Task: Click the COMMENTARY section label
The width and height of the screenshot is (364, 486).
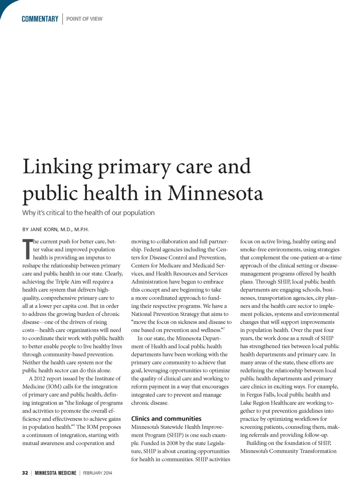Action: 40,19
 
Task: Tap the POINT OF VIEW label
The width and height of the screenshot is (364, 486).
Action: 84,19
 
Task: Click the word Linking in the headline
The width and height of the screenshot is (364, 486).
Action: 58,167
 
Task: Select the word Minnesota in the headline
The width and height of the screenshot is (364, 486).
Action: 215,193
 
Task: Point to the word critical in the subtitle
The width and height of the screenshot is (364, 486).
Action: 55,213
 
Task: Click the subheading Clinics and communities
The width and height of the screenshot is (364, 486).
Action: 166,419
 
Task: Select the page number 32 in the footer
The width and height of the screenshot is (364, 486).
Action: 25,473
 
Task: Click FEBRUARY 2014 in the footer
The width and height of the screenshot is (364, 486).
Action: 97,473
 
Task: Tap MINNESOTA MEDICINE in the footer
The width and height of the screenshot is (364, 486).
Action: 55,473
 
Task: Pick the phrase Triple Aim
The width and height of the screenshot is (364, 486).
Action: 68,282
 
